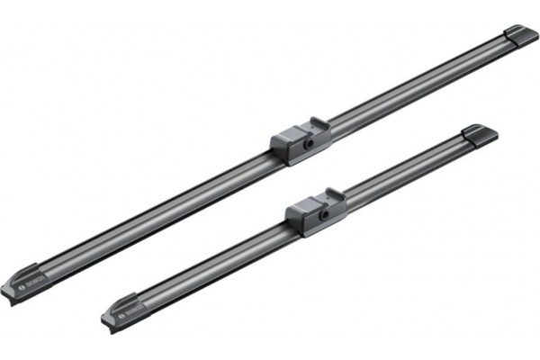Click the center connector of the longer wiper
[x=301, y=139]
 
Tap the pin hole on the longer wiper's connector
[x=309, y=142]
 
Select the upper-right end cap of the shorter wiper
[x=480, y=135]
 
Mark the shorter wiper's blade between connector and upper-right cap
[x=405, y=171]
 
